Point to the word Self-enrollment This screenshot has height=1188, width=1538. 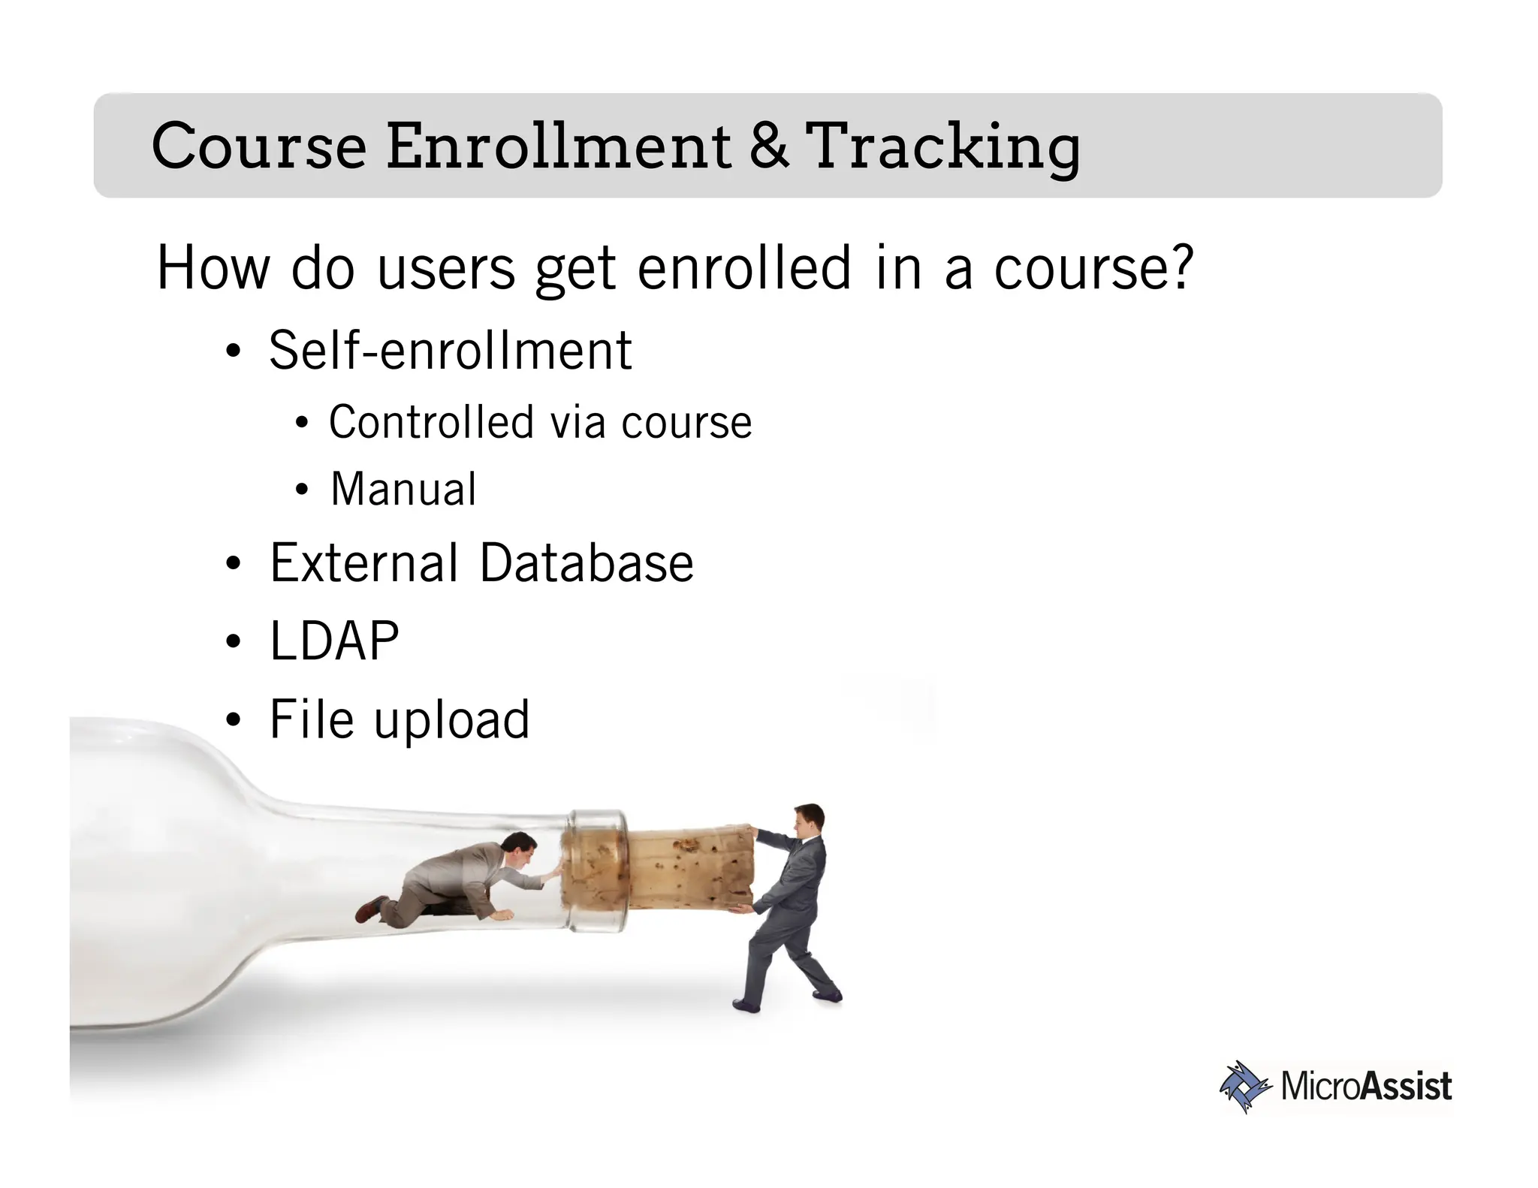pos(450,351)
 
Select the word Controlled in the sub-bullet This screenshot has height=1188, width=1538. pos(430,422)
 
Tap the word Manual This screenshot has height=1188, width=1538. pos(403,490)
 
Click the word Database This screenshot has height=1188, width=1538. pos(586,563)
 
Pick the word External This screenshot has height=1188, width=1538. pos(363,563)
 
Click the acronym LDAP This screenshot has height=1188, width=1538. pos(334,641)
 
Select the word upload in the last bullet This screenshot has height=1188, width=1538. pos(451,720)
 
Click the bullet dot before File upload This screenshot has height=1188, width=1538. pos(234,720)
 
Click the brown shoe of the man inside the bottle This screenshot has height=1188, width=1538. pos(369,911)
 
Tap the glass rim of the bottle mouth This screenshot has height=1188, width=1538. pos(597,871)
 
